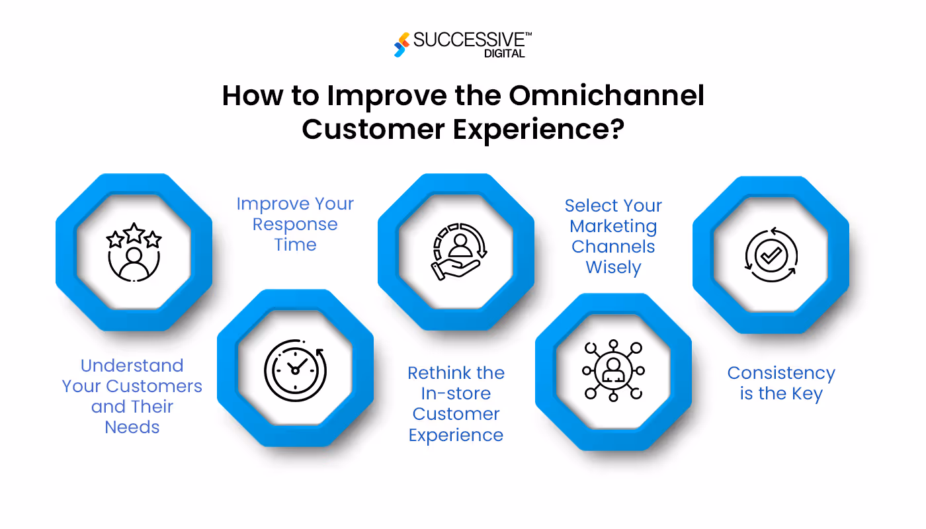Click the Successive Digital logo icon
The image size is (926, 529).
point(400,44)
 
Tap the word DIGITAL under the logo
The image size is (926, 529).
point(504,54)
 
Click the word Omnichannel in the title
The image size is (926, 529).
point(606,96)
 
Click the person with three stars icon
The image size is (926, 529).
point(134,253)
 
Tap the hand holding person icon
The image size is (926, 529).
point(456,253)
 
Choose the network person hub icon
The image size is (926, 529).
point(613,370)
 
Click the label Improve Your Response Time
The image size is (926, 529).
point(295,224)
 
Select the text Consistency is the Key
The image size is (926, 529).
point(781,384)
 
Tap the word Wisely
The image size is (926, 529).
point(613,268)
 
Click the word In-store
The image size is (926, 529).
point(456,393)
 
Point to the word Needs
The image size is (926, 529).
point(132,427)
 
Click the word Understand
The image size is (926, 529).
point(132,366)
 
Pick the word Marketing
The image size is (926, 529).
point(613,226)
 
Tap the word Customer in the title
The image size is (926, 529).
point(372,129)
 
